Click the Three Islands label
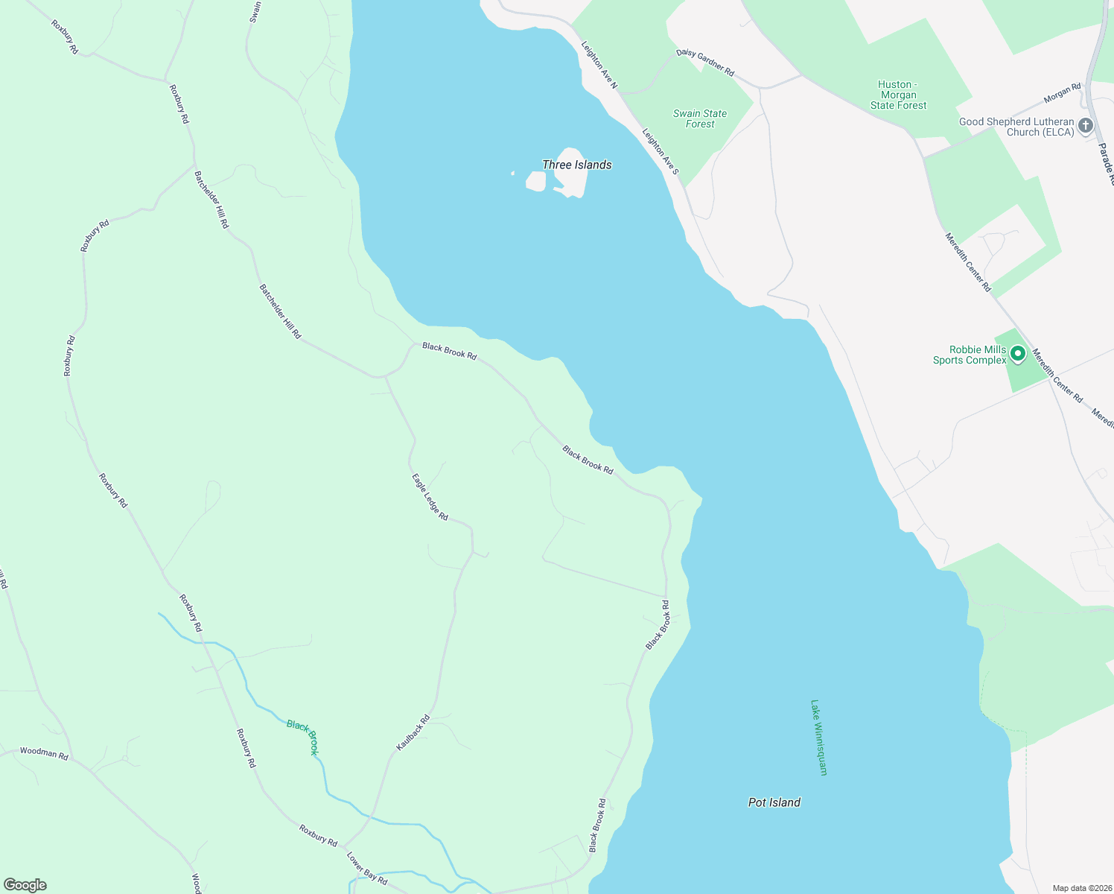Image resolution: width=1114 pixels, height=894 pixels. pos(576,165)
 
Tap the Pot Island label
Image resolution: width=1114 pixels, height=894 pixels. pos(774,802)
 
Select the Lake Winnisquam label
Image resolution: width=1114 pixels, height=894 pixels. pos(819,738)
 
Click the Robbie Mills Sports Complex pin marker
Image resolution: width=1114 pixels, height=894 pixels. pos(1018,354)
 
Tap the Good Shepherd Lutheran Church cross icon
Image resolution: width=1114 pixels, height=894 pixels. pos(1086,125)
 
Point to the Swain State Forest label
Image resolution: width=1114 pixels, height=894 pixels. pos(700,119)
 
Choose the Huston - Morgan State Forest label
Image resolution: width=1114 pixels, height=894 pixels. pos(898,95)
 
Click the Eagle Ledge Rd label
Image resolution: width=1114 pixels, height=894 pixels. pos(430,497)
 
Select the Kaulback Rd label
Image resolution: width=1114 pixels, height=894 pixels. pos(413,732)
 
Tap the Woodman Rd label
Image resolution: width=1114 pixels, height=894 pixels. pos(44,752)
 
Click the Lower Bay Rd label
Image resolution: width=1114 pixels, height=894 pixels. pos(367,868)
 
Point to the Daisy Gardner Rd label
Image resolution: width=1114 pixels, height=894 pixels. pos(705,63)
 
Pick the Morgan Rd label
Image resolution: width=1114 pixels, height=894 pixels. pos(1062,93)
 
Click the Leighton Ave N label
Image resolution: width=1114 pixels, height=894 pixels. pos(599,65)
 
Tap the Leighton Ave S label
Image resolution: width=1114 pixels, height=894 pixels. pos(661,151)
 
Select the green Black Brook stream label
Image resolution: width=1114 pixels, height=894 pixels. pos(303,737)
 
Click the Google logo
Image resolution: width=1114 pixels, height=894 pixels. pos(25,885)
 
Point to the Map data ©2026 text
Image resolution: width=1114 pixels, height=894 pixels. pos(1081,888)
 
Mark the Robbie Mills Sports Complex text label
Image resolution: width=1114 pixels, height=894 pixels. pos(970,355)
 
